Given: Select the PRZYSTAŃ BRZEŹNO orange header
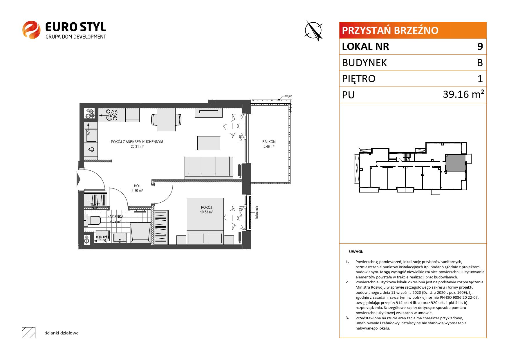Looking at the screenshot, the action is (x=413, y=30).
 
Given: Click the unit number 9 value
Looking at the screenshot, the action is (x=480, y=46).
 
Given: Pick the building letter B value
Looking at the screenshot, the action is (x=480, y=63).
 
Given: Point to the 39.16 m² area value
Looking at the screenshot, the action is (x=463, y=94).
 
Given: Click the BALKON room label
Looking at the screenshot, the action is (x=269, y=142).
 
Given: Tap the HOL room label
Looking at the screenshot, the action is (x=137, y=186).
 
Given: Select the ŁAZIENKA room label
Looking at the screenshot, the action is (x=115, y=217).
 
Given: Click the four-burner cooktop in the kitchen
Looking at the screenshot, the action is (x=112, y=115).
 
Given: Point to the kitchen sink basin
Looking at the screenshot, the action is (x=91, y=135).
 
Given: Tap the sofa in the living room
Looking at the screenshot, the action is (x=209, y=168).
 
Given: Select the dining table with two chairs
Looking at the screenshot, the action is (x=166, y=120).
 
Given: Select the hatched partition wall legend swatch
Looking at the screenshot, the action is (x=29, y=333).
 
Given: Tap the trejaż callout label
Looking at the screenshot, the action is (x=288, y=96).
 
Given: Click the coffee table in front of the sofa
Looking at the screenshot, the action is (x=209, y=143).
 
